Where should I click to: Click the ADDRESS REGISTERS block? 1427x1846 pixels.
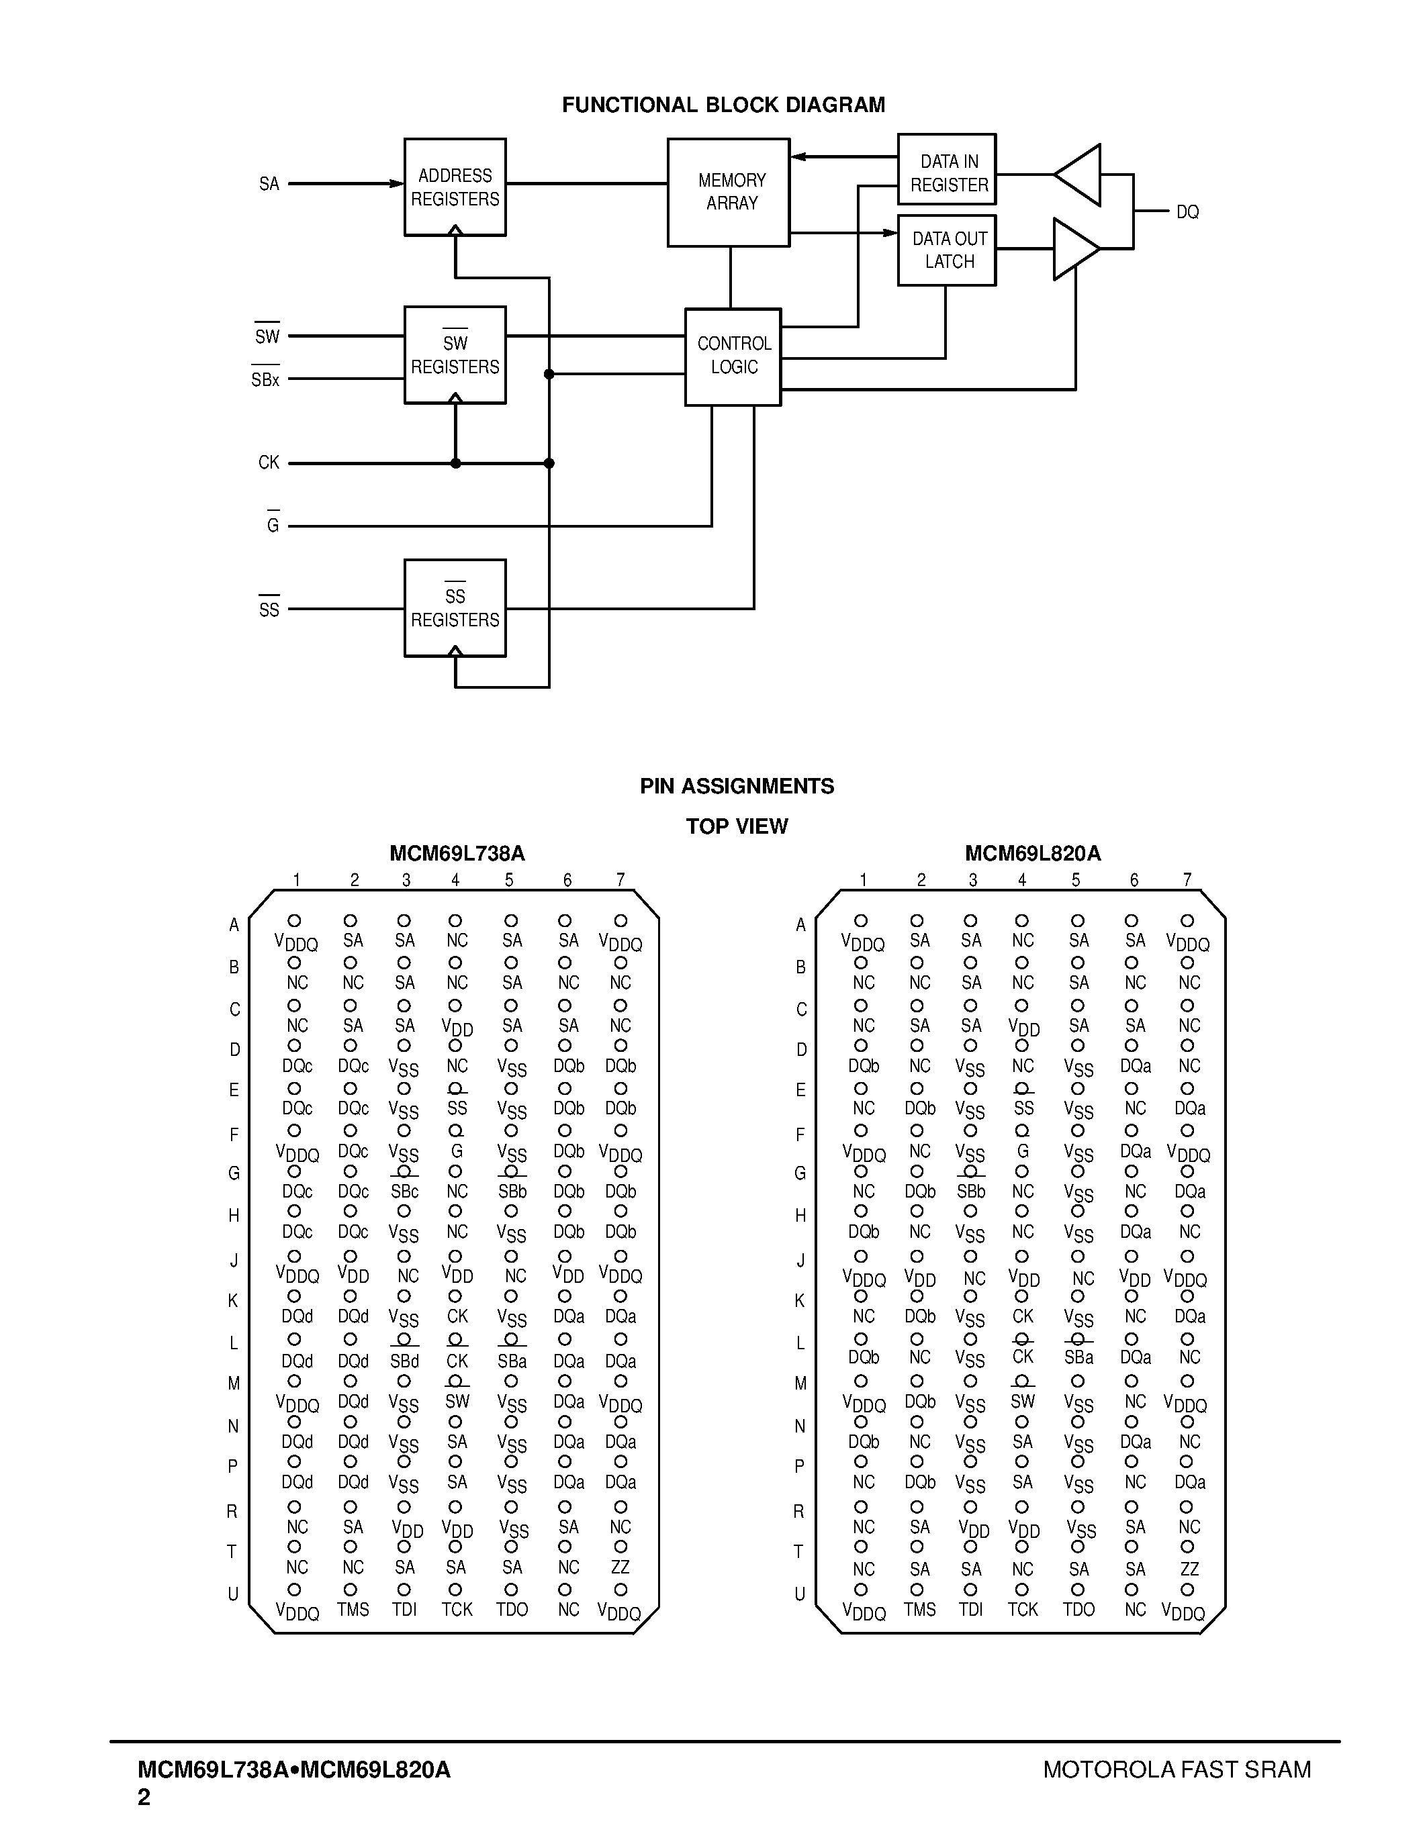(455, 187)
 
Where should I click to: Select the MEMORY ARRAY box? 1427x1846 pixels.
(729, 192)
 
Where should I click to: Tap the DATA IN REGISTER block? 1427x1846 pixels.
(947, 170)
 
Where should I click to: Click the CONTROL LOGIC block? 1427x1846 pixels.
(733, 356)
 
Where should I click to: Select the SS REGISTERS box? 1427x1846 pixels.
(455, 608)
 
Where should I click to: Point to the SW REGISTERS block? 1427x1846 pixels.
(455, 355)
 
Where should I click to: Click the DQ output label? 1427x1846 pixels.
(1187, 212)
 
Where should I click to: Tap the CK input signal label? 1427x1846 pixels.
(268, 463)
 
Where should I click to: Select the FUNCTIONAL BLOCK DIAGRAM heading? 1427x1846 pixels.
(723, 105)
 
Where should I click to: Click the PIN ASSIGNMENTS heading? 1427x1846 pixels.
(736, 786)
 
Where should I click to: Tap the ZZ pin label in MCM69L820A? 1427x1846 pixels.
(1189, 1569)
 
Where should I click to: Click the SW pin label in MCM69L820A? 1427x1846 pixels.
(1022, 1402)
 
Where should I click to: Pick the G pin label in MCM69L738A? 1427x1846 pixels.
(457, 1151)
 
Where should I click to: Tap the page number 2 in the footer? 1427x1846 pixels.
(144, 1797)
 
